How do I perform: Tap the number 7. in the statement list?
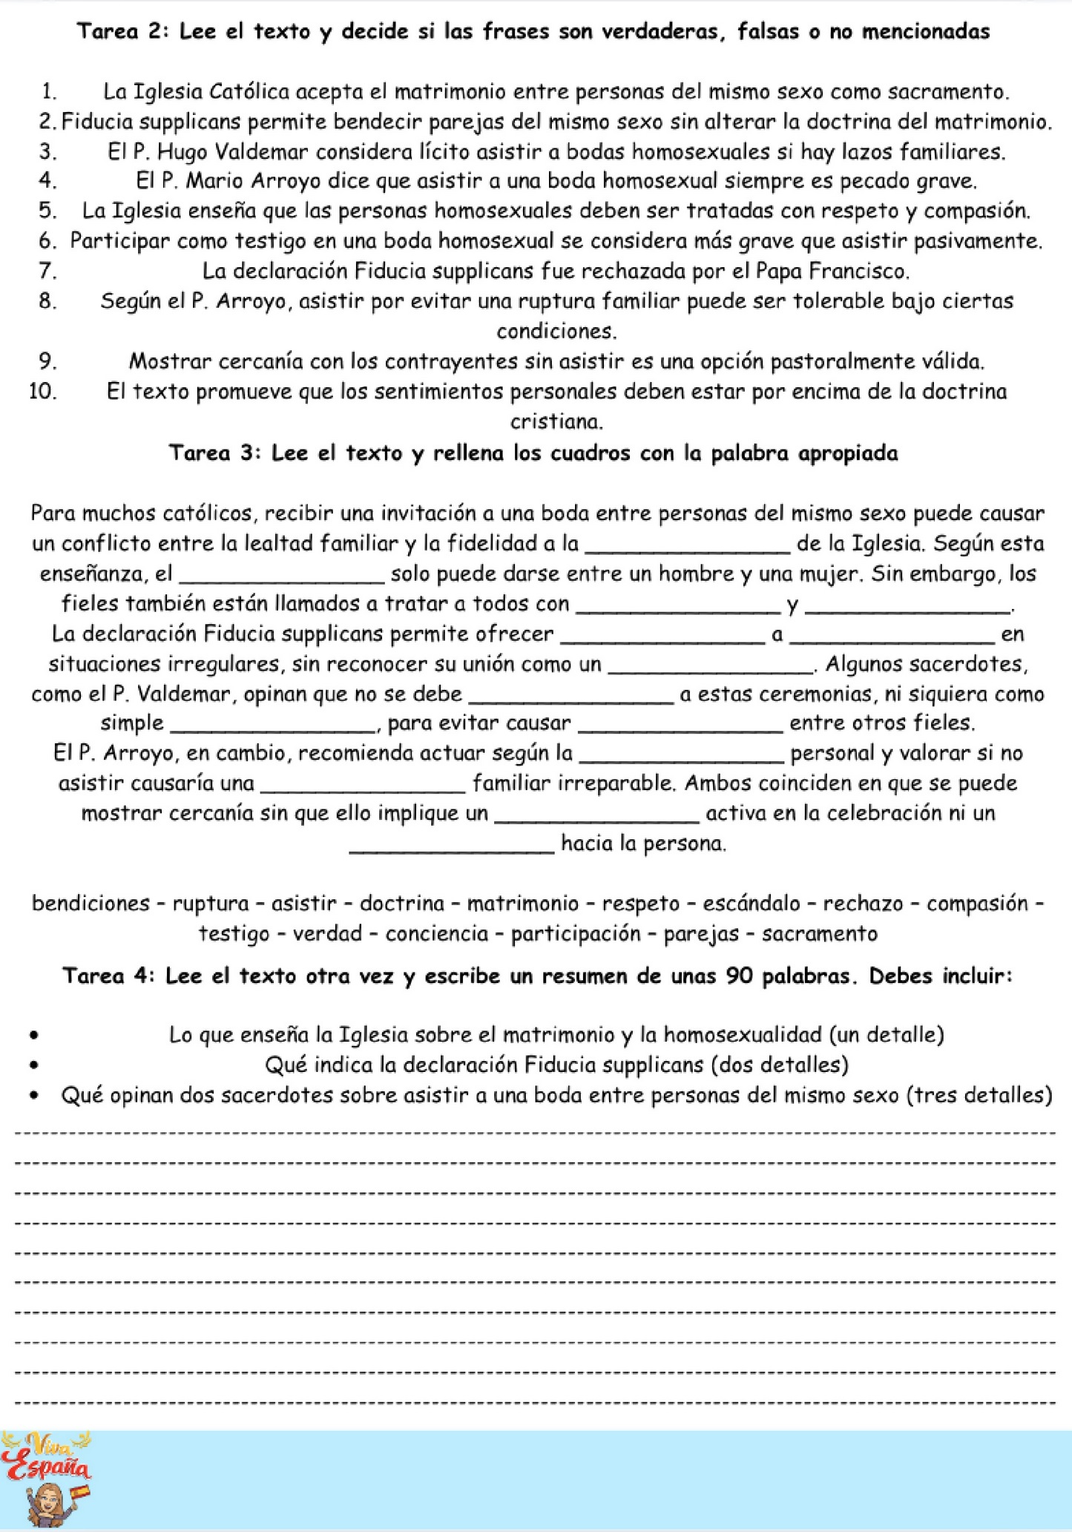[x=48, y=272]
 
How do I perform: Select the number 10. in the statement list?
[x=43, y=391]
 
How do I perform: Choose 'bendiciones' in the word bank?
[x=91, y=904]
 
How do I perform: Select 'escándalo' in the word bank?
[x=752, y=904]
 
